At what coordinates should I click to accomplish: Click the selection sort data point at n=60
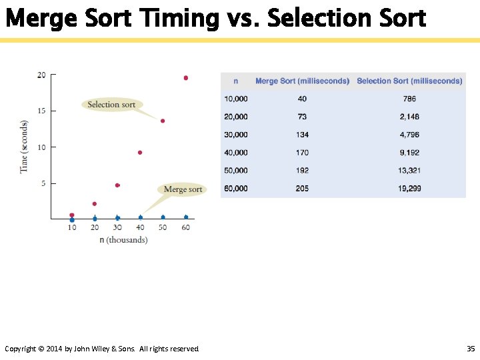[x=185, y=78]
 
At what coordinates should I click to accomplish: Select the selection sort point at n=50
[x=163, y=121]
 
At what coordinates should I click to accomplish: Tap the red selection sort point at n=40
[x=140, y=153]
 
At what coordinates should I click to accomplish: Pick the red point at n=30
[x=117, y=185]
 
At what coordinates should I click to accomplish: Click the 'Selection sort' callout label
[x=111, y=104]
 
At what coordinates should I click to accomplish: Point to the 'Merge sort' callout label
[x=183, y=189]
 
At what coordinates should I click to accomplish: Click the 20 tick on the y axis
[x=41, y=75]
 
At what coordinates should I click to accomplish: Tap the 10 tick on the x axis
[x=72, y=227]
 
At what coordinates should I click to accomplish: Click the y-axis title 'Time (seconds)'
[x=24, y=147]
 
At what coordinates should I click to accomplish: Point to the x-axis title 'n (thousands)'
[x=123, y=239]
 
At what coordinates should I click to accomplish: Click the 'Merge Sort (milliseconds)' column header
[x=302, y=81]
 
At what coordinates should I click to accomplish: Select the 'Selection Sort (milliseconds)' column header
[x=409, y=81]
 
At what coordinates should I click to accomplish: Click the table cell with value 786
[x=409, y=99]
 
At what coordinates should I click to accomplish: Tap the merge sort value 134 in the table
[x=302, y=135]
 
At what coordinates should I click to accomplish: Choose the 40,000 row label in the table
[x=236, y=153]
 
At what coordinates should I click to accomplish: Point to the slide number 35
[x=471, y=349]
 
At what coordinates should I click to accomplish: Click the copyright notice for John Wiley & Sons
[x=102, y=349]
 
